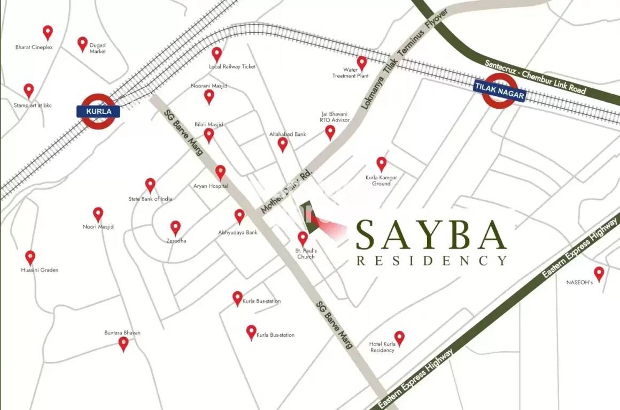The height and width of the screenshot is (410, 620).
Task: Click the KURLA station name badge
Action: tap(98, 112)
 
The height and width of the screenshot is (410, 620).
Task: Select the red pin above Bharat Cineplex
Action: tap(48, 32)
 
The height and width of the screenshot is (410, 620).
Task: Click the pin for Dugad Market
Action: tap(82, 43)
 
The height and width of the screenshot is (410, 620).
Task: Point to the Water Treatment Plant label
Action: tap(351, 73)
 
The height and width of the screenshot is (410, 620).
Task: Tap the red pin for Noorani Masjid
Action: tap(209, 96)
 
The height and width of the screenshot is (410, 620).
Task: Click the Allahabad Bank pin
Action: tap(283, 144)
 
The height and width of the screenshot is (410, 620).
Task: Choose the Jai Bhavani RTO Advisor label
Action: tap(335, 117)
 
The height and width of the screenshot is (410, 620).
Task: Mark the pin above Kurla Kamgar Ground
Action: tap(381, 164)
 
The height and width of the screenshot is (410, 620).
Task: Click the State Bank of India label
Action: tap(150, 199)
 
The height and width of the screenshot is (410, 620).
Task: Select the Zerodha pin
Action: tap(175, 227)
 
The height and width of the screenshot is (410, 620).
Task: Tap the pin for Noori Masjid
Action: tap(98, 214)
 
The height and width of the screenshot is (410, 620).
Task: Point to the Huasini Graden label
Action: tap(40, 270)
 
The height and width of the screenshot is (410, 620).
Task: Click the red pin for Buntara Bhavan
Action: tap(123, 344)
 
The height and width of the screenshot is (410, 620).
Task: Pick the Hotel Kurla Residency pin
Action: tap(399, 338)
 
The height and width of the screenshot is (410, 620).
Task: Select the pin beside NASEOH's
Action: tap(599, 274)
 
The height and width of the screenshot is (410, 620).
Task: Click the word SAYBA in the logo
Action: tap(431, 234)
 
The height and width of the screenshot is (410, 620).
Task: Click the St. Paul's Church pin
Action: tap(303, 238)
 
